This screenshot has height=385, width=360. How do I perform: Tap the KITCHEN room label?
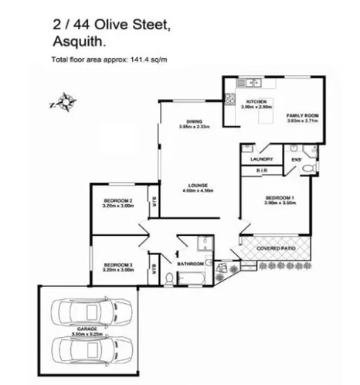coord(256,102)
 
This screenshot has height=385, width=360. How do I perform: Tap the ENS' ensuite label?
coord(295,159)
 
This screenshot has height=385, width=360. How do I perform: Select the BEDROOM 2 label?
coord(118,203)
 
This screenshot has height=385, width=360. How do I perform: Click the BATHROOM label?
coord(189,264)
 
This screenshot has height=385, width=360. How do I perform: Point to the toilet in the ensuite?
coord(307,169)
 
